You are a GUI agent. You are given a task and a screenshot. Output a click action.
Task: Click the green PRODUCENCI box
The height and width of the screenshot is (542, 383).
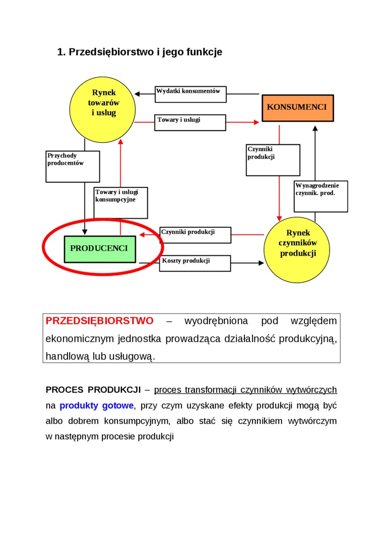[x=100, y=249]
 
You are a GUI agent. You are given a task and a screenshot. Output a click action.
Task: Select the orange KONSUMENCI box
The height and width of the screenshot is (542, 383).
[x=297, y=107]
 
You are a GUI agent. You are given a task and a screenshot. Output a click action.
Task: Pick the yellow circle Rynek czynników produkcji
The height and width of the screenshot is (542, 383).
[x=297, y=250]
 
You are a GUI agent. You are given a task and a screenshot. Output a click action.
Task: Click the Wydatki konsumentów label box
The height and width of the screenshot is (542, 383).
[x=190, y=94]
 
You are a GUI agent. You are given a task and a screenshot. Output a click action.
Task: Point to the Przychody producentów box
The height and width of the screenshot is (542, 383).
[x=73, y=166]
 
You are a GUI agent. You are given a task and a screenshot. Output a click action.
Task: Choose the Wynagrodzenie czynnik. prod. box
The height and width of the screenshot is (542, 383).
[x=321, y=196]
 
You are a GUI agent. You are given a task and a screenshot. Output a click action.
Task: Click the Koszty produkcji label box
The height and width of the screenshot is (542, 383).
[x=195, y=263]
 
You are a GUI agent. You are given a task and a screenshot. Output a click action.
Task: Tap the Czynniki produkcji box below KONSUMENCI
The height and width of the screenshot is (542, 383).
[x=273, y=160]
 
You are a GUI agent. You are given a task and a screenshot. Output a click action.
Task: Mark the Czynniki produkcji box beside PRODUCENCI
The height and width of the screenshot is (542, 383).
[x=195, y=235]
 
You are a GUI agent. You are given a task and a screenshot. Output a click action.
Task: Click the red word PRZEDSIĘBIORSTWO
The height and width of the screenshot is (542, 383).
[x=99, y=321]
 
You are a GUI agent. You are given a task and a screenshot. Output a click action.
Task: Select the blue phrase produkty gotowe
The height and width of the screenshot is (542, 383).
[x=97, y=405]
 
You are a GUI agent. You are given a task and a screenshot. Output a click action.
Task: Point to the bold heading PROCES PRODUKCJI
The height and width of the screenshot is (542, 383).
[x=93, y=390]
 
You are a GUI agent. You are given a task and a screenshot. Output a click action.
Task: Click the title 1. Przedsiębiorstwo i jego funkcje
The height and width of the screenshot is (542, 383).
[x=140, y=52]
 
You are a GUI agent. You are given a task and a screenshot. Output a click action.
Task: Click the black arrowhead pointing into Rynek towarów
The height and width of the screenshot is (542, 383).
[x=138, y=94]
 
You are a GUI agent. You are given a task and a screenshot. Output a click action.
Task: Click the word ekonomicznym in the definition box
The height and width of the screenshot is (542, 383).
[x=79, y=338]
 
